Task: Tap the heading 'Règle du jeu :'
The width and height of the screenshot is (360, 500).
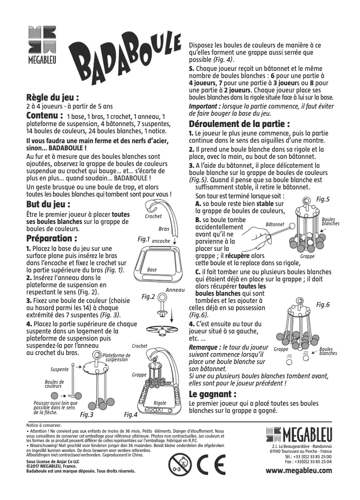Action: (53, 97)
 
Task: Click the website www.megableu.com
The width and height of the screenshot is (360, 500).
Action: (299, 470)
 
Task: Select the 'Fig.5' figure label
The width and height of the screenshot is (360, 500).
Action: (323, 199)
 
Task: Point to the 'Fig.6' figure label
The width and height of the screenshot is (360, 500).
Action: (323, 305)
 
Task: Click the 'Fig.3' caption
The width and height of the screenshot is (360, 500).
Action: (87, 415)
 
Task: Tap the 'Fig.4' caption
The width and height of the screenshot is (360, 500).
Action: (131, 415)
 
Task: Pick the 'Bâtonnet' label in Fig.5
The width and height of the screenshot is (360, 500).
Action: (275, 224)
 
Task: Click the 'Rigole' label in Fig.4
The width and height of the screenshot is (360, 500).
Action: (160, 403)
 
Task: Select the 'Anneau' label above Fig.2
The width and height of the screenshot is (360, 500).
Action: (175, 290)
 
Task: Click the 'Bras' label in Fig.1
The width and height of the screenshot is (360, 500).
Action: (164, 229)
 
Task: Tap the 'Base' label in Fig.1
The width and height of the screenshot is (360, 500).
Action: (152, 270)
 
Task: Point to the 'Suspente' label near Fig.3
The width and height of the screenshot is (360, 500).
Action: (59, 369)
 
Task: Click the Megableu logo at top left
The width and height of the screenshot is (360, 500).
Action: (42, 45)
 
